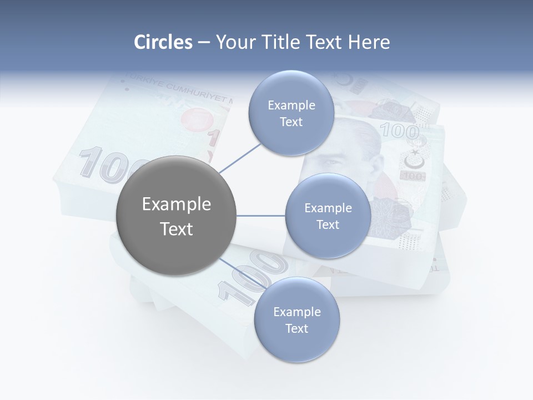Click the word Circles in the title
(163, 42)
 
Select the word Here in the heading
(369, 42)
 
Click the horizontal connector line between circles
(261, 216)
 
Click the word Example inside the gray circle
(176, 204)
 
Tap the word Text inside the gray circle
(176, 229)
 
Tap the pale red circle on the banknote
(197, 119)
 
